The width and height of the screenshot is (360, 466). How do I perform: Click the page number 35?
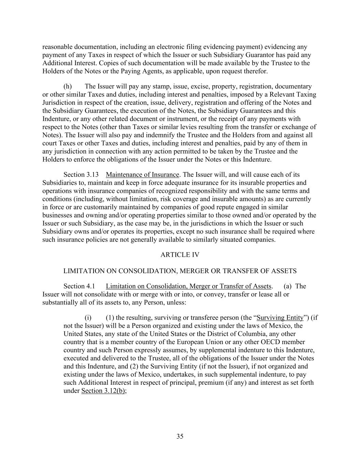[180, 436]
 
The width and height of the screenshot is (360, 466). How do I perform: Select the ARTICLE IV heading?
[180, 255]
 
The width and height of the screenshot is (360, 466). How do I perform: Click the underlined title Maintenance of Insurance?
[142, 175]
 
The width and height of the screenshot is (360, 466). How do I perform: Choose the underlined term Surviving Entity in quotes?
[280, 317]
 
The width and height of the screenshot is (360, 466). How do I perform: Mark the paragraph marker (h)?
[68, 86]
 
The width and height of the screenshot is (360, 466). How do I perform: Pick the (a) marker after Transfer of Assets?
[287, 286]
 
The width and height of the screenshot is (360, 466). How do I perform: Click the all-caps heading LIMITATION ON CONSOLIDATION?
[180, 271]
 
